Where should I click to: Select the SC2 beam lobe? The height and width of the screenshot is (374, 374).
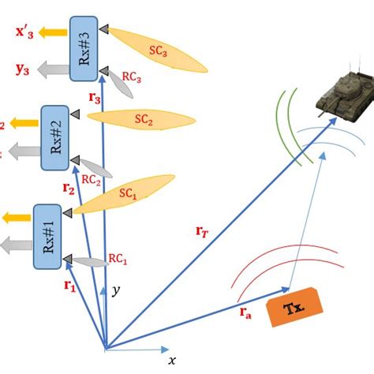[142, 118]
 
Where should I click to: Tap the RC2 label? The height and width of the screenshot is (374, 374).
[93, 180]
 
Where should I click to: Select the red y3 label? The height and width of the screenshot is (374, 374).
[23, 69]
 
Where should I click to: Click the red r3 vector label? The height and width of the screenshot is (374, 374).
[95, 98]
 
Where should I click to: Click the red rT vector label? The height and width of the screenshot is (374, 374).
[204, 231]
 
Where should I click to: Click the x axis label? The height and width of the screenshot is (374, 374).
[172, 361]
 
